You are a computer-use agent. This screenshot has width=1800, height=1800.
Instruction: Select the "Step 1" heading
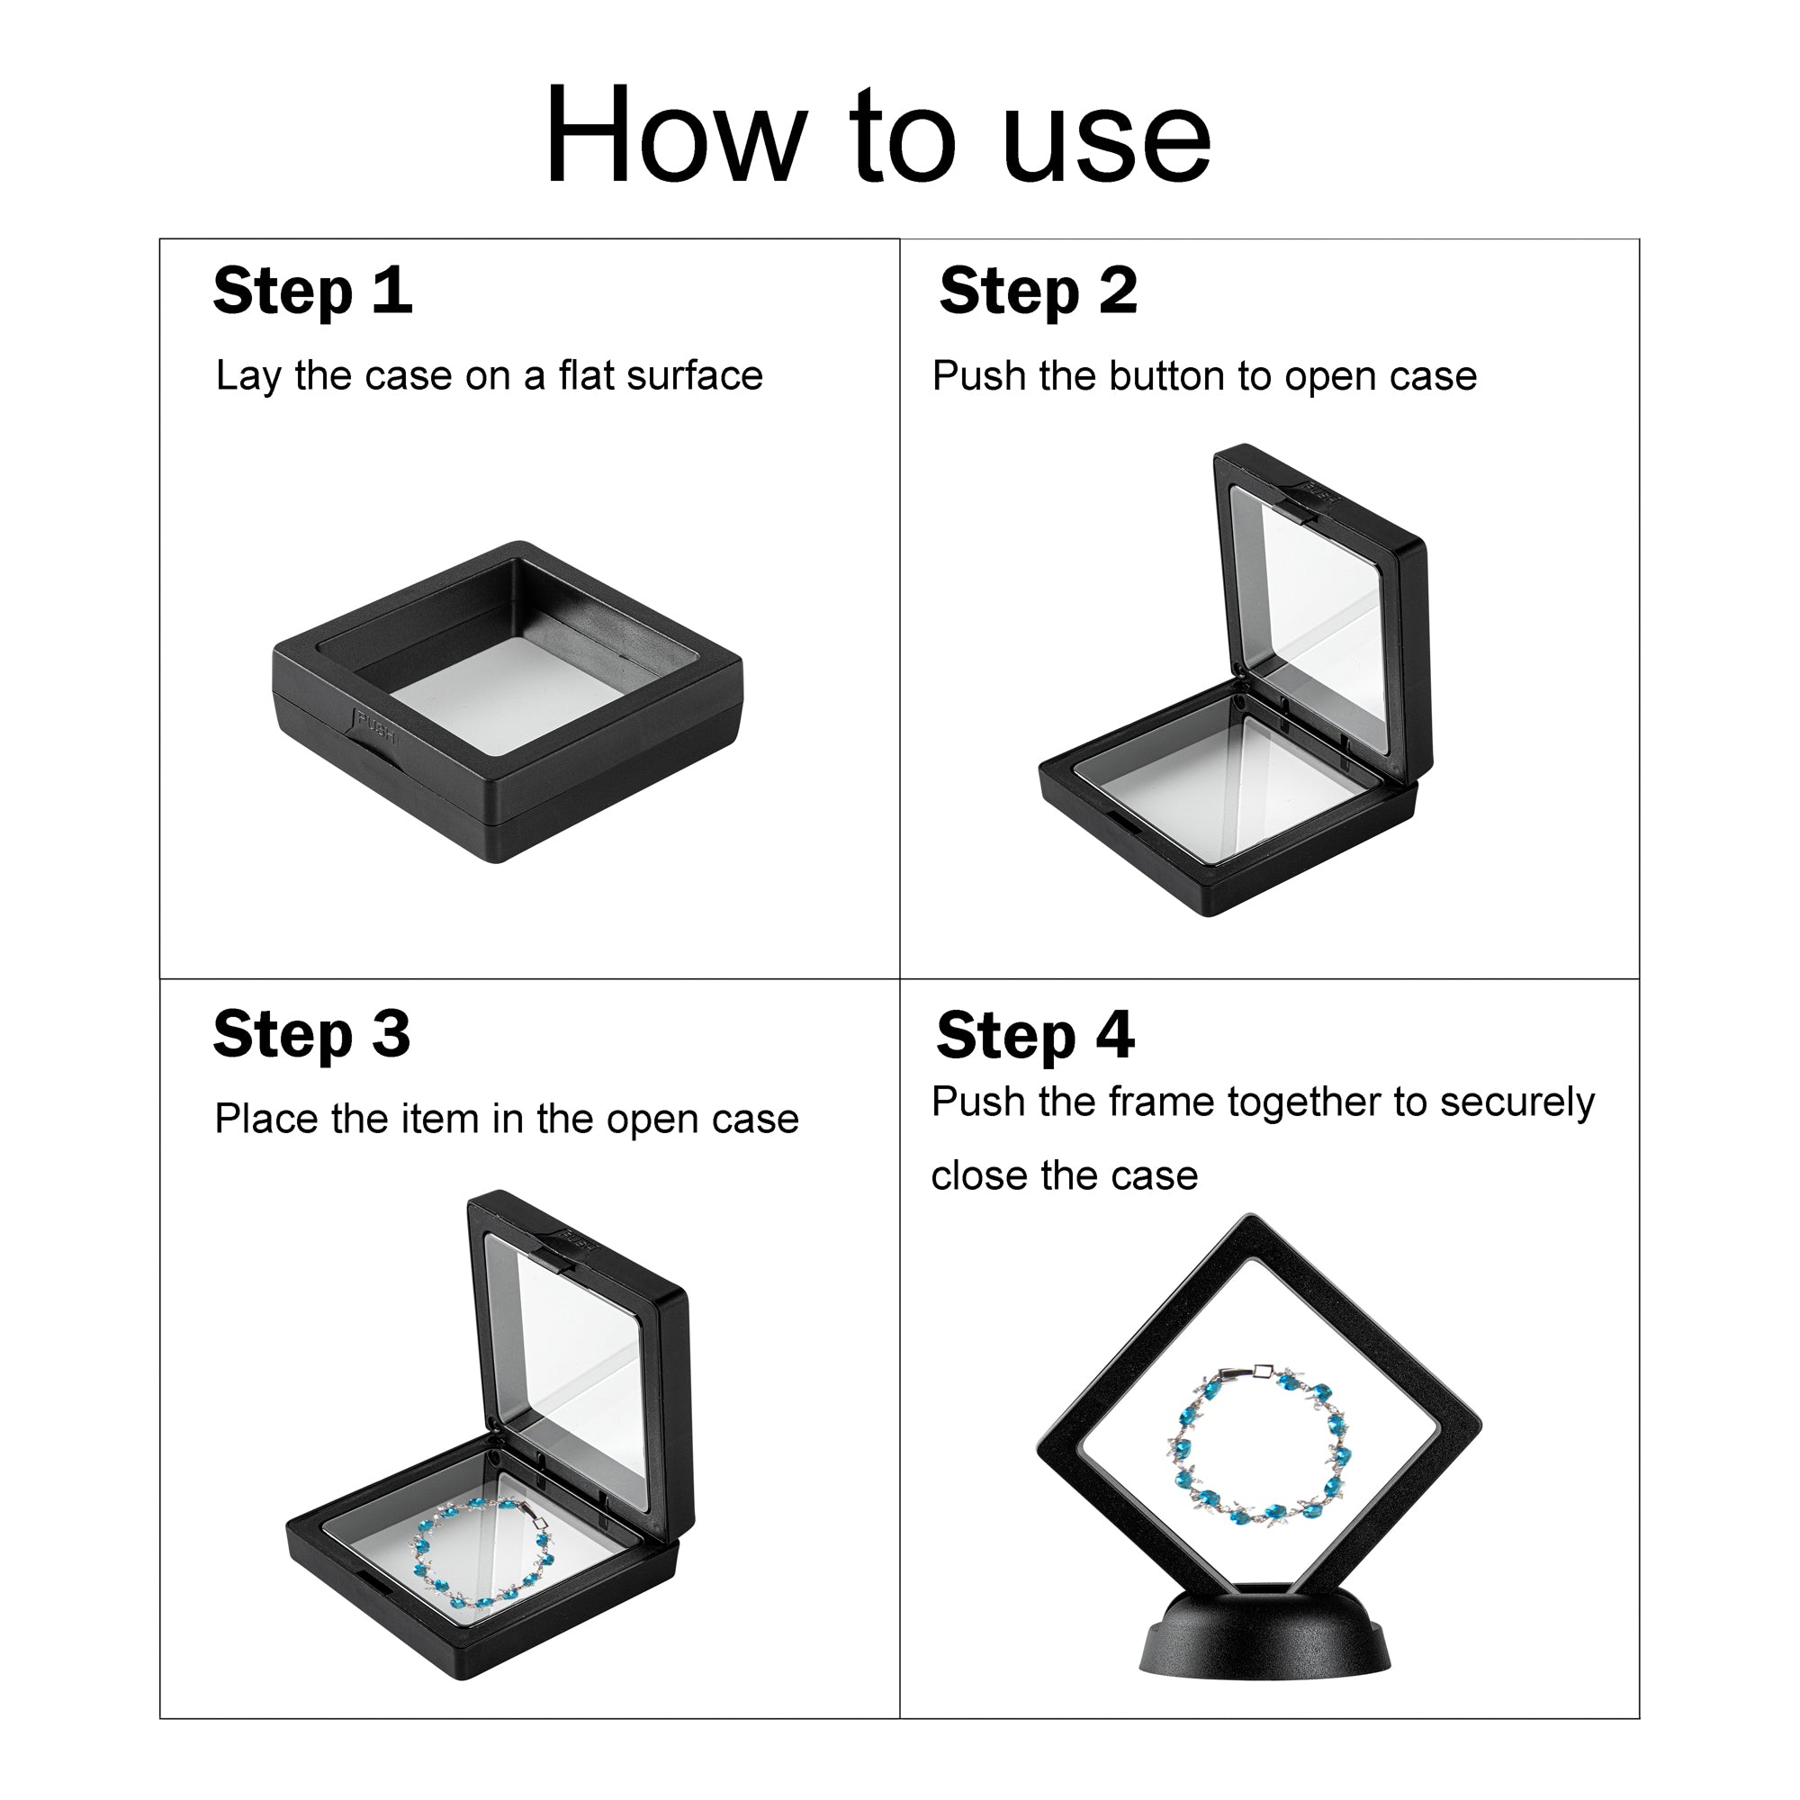(x=312, y=292)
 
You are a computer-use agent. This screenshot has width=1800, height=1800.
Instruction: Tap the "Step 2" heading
(x=1038, y=292)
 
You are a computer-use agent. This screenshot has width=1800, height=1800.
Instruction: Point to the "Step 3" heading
(x=311, y=1034)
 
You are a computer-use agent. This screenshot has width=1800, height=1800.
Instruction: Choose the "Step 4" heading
(x=1035, y=1035)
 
